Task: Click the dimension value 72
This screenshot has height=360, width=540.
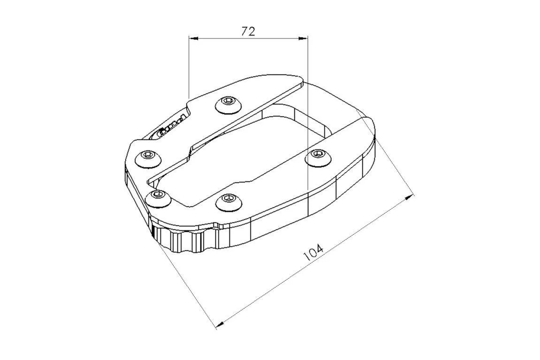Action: (248, 31)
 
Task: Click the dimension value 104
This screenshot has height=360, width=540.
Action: (313, 253)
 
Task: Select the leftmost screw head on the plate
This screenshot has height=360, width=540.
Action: (148, 157)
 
